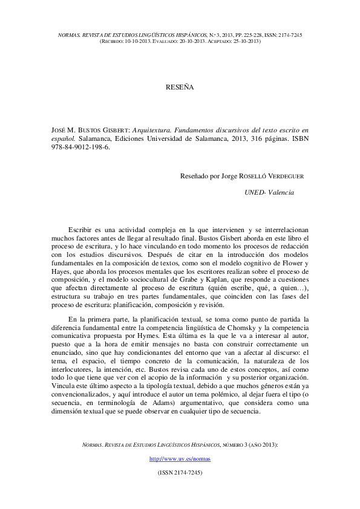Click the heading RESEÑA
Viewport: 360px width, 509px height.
point(180,88)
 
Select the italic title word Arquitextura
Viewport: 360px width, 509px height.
point(156,130)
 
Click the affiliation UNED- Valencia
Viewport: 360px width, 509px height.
point(269,192)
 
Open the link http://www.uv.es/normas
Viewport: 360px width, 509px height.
point(180,459)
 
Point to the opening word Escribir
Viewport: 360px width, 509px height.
point(80,230)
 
